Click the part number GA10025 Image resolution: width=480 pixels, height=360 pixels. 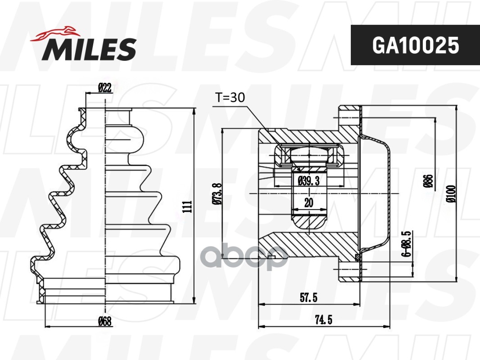coord(415,45)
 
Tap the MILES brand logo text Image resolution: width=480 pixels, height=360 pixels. coord(89,49)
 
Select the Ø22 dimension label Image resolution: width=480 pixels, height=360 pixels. coord(104,88)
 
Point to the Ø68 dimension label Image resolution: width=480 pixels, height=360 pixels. coord(104,321)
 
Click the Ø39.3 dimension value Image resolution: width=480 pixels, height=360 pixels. coord(309,181)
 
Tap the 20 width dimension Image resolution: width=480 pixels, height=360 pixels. coord(308,203)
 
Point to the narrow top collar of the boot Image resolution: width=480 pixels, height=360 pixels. coord(118,116)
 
